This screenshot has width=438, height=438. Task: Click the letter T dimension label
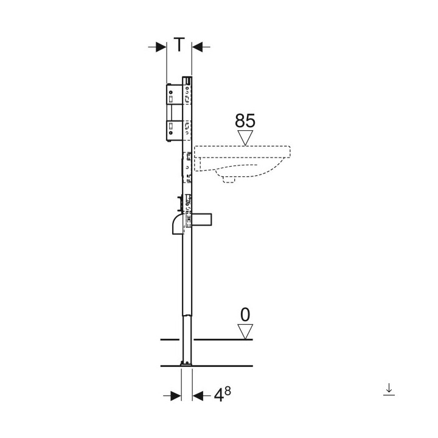click(x=179, y=44)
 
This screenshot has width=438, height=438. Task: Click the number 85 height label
click(x=245, y=120)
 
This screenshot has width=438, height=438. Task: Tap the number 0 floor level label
click(x=245, y=315)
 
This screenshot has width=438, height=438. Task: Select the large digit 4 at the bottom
click(x=219, y=395)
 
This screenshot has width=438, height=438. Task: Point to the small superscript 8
click(x=228, y=391)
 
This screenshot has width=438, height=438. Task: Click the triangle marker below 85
click(x=245, y=137)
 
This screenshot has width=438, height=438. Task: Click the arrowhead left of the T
click(x=161, y=47)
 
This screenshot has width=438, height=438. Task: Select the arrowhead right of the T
click(x=198, y=47)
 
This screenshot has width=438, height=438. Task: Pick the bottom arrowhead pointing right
click(x=176, y=395)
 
